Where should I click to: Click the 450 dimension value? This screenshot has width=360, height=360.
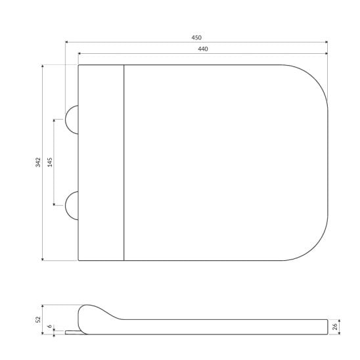tap(196, 37)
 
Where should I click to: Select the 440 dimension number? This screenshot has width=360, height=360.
tap(203, 49)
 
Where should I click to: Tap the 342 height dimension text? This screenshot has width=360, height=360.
tap(38, 162)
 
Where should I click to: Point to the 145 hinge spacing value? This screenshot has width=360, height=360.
tap(50, 162)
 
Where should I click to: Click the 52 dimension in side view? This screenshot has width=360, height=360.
tap(38, 319)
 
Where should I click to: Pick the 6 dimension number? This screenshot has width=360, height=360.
tap(49, 326)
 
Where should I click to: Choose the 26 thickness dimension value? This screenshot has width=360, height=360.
tap(335, 326)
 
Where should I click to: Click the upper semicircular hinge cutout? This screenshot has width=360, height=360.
tap(66, 120)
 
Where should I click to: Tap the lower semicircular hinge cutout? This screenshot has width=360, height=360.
tap(66, 206)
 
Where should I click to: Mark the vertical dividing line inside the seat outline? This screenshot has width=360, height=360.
tap(124, 162)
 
